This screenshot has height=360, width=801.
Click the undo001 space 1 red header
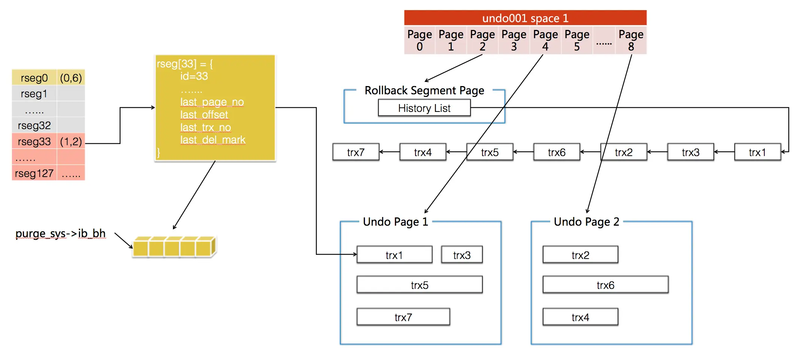525,18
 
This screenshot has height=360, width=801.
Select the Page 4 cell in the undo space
545,40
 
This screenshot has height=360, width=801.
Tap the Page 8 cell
631,40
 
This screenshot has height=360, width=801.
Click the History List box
424,108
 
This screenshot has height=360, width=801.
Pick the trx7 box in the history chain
356,152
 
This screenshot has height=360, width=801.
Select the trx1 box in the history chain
757,152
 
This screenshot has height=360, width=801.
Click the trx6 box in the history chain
557,152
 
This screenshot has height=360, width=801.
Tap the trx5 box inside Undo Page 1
419,285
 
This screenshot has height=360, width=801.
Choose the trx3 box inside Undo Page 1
462,255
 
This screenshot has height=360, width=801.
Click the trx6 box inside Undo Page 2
605,285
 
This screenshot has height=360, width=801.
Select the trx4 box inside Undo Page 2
580,317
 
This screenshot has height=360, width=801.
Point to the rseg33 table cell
34,141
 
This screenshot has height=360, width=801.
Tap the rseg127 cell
34,174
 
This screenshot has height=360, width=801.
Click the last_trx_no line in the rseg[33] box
205,128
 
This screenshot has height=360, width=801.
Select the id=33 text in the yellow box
194,76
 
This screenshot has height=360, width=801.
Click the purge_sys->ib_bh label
60,234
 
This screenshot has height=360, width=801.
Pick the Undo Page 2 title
586,222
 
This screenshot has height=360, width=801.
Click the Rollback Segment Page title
424,91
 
